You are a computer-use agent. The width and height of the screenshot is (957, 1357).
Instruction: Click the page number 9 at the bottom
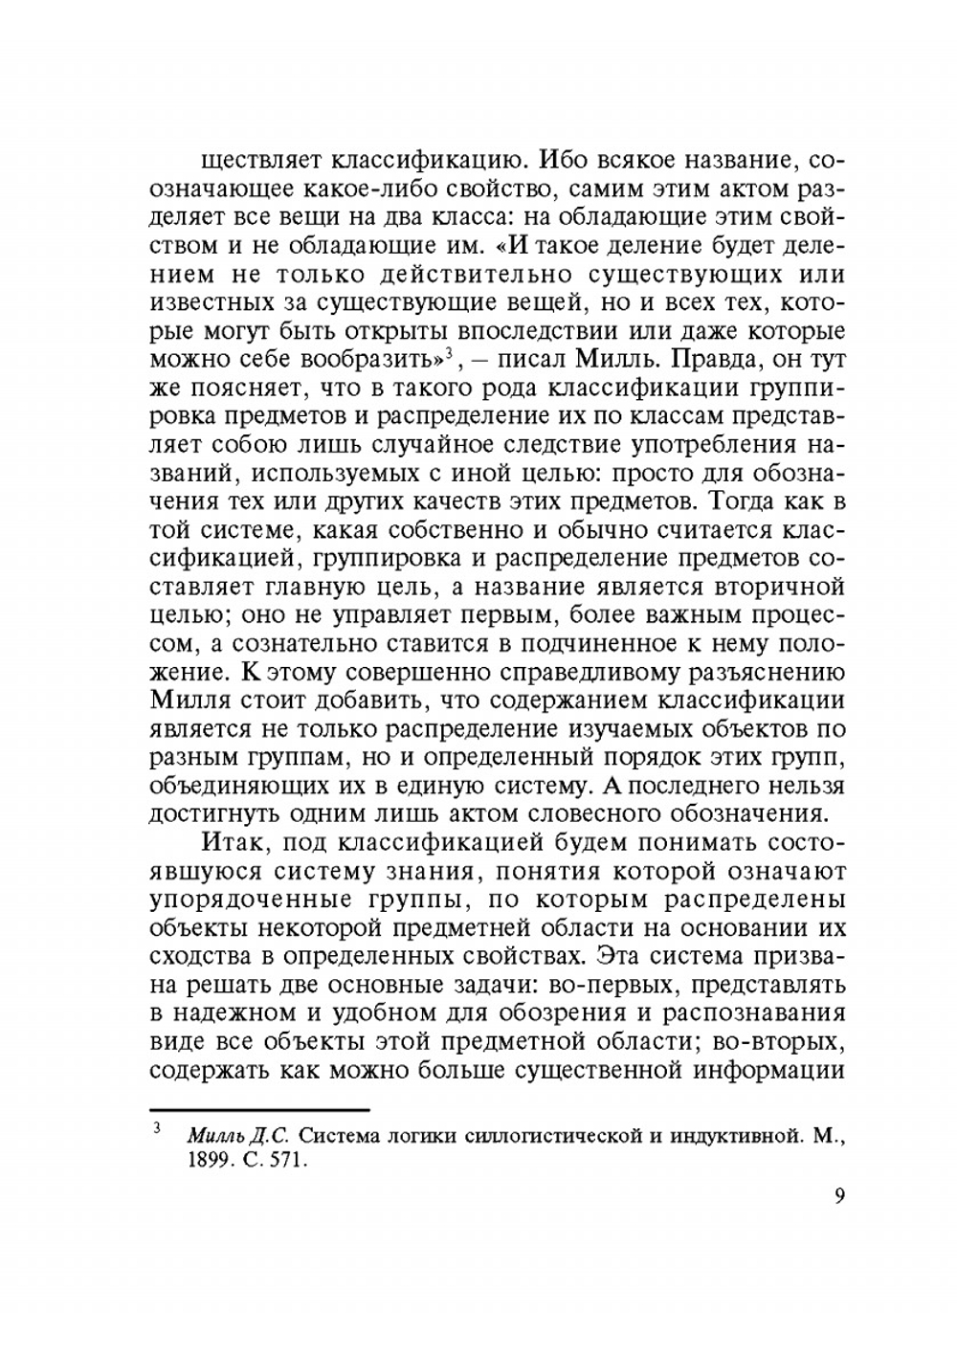pyautogui.click(x=839, y=1196)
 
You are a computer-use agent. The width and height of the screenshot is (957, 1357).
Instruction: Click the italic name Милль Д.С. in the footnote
pyautogui.click(x=238, y=1137)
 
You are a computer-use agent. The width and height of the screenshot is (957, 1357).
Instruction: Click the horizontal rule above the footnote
pyautogui.click(x=259, y=1110)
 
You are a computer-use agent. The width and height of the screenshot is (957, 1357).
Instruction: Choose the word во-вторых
pyautogui.click(x=783, y=1040)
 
